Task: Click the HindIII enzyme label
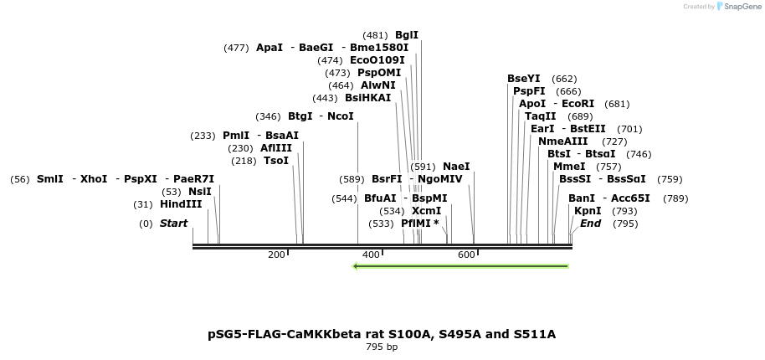point(181,204)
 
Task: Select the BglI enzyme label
point(407,35)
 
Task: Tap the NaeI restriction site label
point(456,167)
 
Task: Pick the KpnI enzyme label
point(588,211)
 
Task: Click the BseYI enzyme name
point(524,79)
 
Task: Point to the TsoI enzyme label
point(276,161)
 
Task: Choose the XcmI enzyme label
point(426,211)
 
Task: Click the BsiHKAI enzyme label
point(367,98)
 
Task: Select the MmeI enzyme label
point(569,167)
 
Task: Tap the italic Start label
point(173,224)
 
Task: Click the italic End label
point(591,224)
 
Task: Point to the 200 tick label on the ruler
point(276,255)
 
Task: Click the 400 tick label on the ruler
point(371,255)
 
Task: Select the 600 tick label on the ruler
point(466,255)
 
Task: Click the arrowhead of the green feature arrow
point(356,266)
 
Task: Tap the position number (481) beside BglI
point(375,35)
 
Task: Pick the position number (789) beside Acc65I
point(675,198)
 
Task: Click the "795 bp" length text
point(382,347)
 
